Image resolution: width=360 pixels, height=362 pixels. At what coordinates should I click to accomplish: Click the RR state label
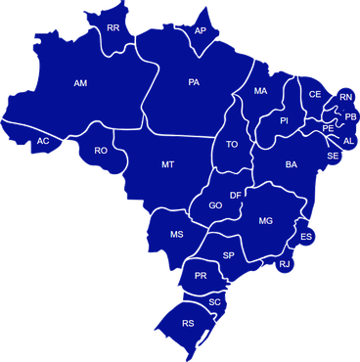click(x=113, y=28)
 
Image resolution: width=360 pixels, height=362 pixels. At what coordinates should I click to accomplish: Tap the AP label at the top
click(x=201, y=31)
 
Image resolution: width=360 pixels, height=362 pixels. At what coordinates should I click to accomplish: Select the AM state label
click(x=81, y=84)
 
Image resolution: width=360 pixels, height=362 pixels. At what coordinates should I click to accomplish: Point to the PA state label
click(x=195, y=82)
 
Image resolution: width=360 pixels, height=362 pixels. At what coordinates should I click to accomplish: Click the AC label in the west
click(x=43, y=143)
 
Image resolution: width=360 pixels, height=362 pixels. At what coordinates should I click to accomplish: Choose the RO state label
click(x=101, y=151)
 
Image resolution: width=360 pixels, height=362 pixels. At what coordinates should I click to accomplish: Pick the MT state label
click(x=167, y=165)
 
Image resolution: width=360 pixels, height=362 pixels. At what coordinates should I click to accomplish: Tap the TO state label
click(x=232, y=145)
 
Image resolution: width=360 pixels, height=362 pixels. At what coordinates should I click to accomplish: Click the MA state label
click(x=260, y=91)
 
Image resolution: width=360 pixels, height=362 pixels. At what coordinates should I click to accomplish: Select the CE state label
click(x=315, y=94)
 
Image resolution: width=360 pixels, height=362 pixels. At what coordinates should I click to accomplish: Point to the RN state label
click(x=346, y=98)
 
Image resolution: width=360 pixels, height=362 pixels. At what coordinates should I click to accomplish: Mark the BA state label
click(x=291, y=165)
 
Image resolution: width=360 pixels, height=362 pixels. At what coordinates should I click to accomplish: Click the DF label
click(x=236, y=196)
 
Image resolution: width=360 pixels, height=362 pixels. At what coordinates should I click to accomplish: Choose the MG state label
click(x=265, y=222)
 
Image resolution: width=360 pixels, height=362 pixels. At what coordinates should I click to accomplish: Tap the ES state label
click(x=306, y=237)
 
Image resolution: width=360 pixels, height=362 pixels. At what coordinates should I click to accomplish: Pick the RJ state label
click(x=284, y=264)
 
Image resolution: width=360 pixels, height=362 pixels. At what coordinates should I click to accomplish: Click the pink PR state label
click(x=201, y=277)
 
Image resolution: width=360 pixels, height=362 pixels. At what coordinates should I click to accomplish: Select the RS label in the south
click(x=188, y=323)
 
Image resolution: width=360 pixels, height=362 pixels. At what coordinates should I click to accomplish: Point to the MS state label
click(x=177, y=235)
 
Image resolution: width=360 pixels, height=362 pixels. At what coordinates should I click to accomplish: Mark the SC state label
click(x=215, y=302)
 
